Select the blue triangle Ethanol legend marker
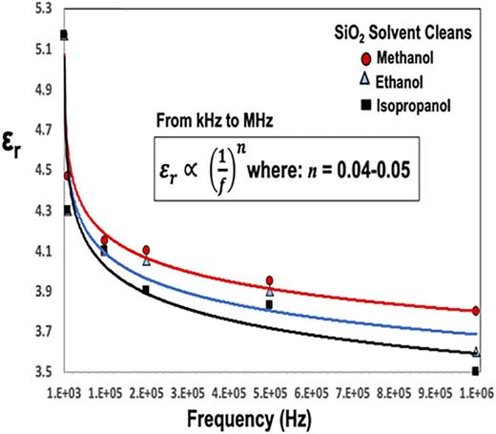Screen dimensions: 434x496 point(357,81)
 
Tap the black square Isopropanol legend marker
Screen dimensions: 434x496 point(357,103)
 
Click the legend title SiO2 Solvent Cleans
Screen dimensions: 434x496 point(408,34)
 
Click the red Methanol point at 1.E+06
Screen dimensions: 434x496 point(475,311)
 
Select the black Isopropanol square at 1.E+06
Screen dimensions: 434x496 point(475,371)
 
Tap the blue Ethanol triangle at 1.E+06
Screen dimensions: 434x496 point(475,351)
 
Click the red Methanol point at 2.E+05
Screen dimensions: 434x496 point(146,250)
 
